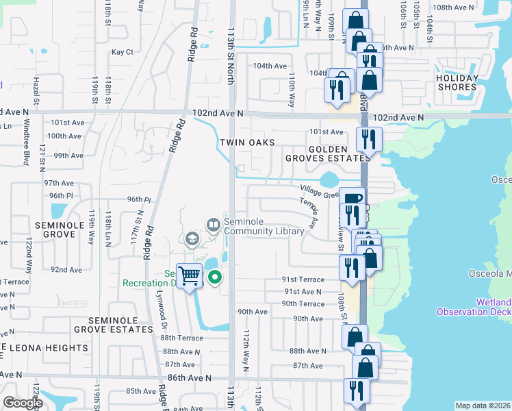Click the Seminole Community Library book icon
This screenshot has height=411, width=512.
pos(213,224)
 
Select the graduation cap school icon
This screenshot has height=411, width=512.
pos(191,238)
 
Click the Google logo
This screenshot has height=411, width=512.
pos(23,403)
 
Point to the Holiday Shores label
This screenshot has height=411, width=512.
pos(457,82)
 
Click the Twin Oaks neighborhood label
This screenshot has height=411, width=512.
pos(247,142)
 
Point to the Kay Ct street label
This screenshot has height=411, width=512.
pos(122,52)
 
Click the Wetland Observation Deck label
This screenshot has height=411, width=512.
pos(474,307)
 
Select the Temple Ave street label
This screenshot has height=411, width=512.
pos(309,212)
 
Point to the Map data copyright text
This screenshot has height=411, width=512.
pos(482,406)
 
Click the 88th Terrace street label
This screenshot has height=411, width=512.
pos(182,338)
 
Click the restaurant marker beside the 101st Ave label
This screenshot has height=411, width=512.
pos(368,140)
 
